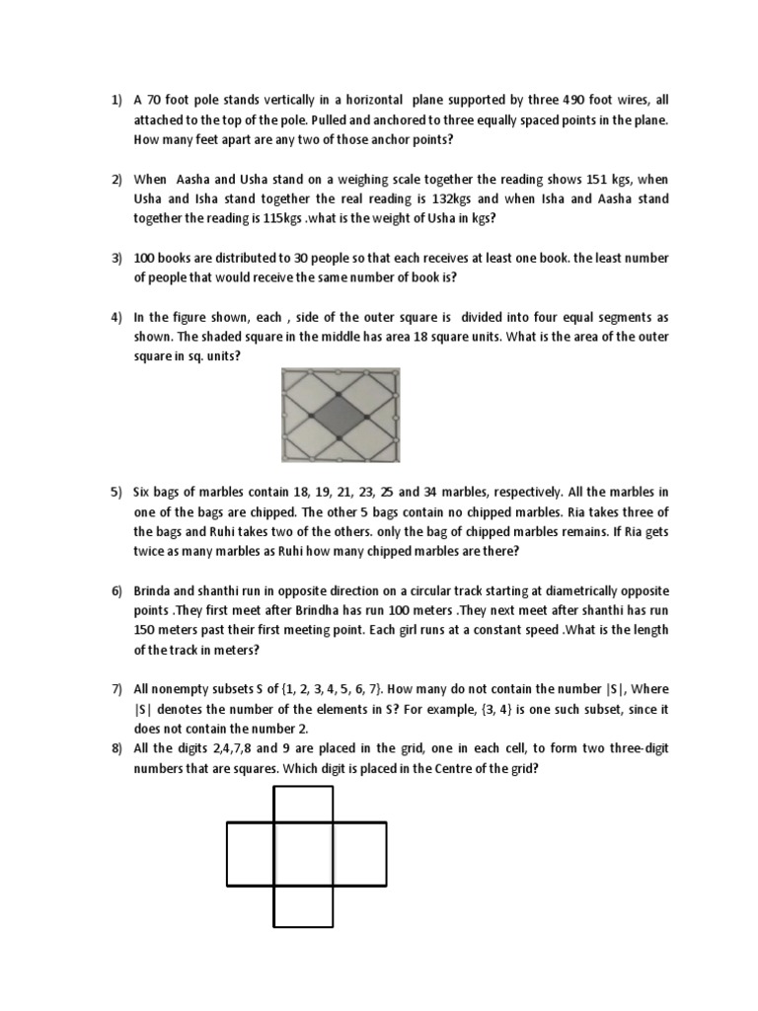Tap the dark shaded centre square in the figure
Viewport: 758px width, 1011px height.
341,415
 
